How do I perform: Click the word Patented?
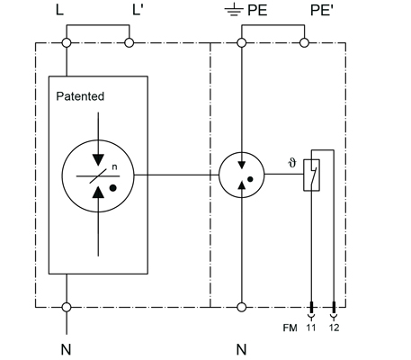tap(80, 96)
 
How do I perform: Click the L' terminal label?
tap(138, 10)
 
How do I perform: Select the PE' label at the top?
tap(322, 11)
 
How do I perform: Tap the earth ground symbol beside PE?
tap(234, 11)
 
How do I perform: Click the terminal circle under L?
tap(67, 43)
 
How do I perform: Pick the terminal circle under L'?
tap(130, 43)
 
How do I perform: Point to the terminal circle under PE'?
tap(304, 43)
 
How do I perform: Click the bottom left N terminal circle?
tap(67, 307)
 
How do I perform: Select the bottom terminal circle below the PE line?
tap(242, 307)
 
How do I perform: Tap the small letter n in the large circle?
tap(114, 167)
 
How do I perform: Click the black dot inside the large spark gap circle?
tap(113, 188)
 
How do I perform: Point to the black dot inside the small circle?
tap(250, 179)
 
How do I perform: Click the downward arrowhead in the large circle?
tap(98, 160)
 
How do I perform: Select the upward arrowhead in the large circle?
tap(98, 192)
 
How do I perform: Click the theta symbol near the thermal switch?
tap(292, 163)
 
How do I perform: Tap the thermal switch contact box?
tap(311, 175)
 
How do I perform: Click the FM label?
tap(290, 328)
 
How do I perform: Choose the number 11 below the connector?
tap(311, 328)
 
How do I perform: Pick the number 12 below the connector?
tap(334, 328)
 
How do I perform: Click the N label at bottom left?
tap(67, 349)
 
